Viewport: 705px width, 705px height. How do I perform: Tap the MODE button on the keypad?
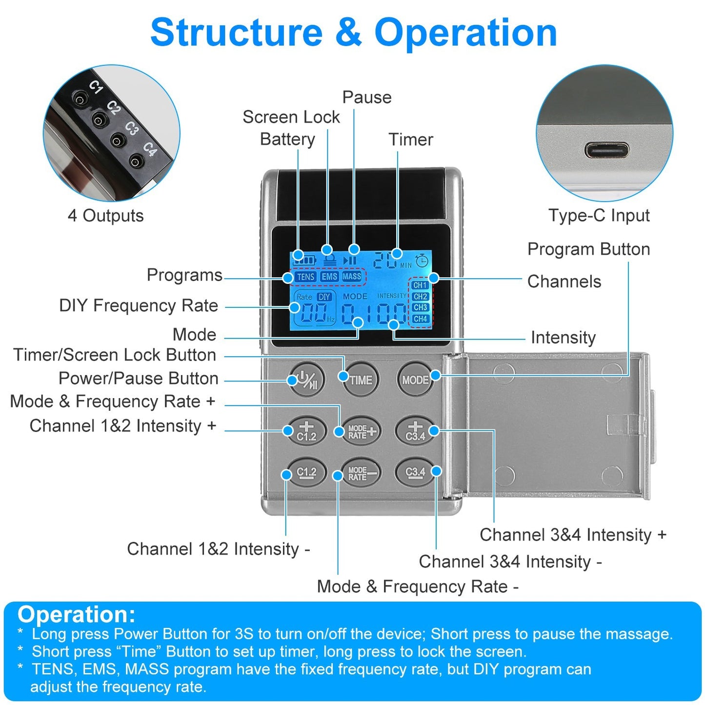coord(415,380)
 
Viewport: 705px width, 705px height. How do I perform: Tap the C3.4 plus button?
coord(415,431)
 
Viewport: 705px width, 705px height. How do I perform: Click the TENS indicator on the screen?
coord(306,277)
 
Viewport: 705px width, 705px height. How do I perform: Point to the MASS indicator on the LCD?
coord(352,277)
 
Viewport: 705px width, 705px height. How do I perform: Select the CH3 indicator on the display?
coord(420,307)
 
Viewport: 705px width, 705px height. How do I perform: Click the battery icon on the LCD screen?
coord(304,260)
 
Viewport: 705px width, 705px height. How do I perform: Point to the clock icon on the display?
coord(422,260)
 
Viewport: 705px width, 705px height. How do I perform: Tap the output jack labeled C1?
coord(80,100)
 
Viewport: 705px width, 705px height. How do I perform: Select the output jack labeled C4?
coord(136,161)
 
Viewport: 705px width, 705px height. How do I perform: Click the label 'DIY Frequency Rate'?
coord(139,306)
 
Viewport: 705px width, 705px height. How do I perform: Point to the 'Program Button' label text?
coord(588,249)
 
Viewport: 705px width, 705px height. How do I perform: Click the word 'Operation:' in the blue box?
coord(77,614)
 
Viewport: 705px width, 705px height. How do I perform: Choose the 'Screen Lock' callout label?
coord(291,117)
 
